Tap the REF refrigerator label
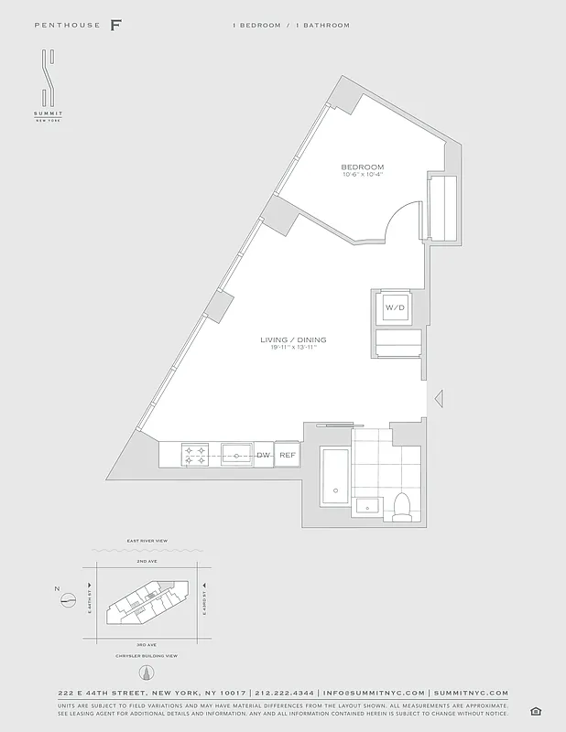pos(288,455)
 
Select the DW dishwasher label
pos(263,455)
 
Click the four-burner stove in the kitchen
pos(195,454)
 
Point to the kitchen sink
pos(236,454)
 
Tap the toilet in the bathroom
pos(402,506)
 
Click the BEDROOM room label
pos(362,167)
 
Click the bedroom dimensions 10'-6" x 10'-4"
pos(362,175)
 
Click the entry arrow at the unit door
pos(438,398)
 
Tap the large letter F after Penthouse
pos(116,25)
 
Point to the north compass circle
pos(68,600)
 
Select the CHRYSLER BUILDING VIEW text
pos(147,656)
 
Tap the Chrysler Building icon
pos(146,673)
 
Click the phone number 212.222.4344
pos(284,694)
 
